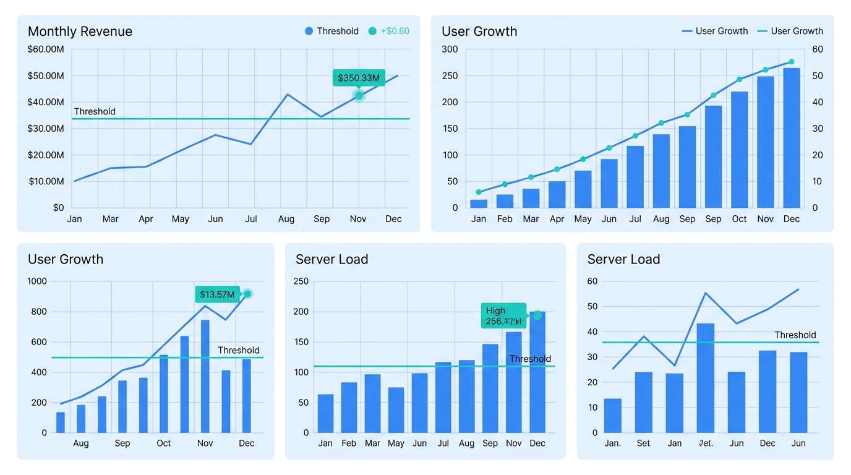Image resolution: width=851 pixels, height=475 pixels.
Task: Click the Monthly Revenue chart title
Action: point(80,32)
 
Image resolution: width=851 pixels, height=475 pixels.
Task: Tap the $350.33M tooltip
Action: point(358,78)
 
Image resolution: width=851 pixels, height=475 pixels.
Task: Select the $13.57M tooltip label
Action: point(217,294)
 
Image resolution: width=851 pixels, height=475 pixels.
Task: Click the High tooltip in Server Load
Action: point(503,315)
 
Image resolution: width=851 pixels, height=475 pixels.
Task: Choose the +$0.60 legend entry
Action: point(388,31)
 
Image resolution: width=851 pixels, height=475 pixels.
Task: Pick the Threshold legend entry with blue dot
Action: point(331,31)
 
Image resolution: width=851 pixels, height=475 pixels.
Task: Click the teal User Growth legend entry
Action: point(790,31)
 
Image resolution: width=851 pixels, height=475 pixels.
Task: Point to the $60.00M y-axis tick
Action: point(46,49)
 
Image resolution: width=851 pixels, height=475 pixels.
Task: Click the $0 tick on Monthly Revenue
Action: point(58,208)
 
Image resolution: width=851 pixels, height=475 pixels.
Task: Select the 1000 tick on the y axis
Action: point(36,281)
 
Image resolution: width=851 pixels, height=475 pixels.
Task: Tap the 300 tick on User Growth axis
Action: point(450,49)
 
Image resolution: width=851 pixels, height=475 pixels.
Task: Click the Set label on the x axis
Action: point(643,443)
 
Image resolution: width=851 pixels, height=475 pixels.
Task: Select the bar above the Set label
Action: point(643,402)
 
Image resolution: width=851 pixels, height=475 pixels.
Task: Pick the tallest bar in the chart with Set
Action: point(705,377)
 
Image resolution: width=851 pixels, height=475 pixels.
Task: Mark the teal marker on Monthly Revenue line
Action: point(359,95)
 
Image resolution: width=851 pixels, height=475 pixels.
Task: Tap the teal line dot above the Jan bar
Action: point(479,192)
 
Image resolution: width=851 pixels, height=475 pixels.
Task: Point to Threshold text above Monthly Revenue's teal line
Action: point(95,112)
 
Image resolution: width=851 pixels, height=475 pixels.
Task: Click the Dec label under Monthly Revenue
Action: point(393,219)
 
